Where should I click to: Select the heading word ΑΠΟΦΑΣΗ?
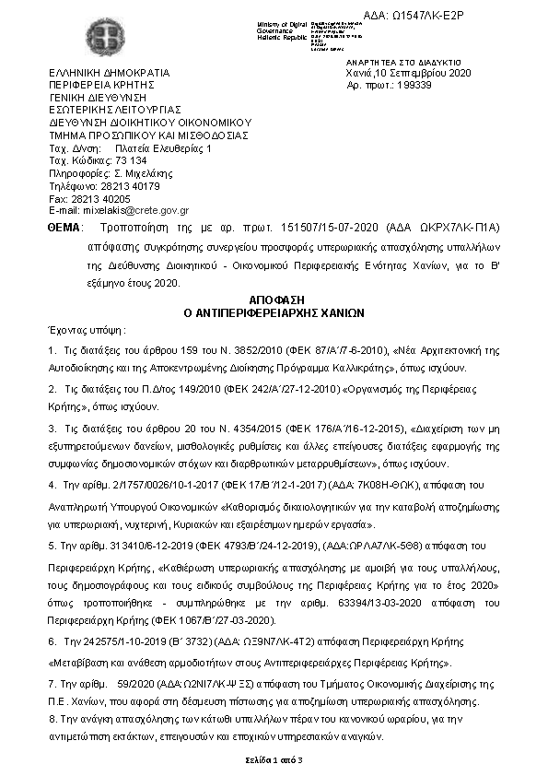[275, 300]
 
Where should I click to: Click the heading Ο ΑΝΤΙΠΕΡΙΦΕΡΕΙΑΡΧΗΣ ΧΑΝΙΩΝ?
[275, 312]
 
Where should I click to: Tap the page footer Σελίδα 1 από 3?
[274, 758]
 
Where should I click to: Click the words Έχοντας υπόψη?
[86, 329]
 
